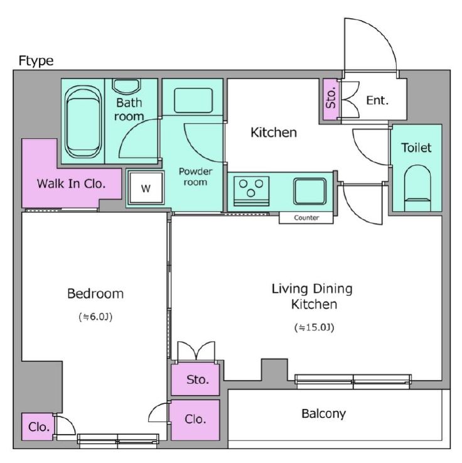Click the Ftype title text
click(x=36, y=61)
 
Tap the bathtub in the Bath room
click(x=83, y=122)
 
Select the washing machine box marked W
click(x=146, y=187)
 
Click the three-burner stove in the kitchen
click(x=251, y=191)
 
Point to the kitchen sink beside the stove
click(x=309, y=191)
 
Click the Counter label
click(x=306, y=218)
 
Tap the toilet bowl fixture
click(x=417, y=188)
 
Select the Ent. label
click(x=377, y=101)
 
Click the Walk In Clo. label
click(x=71, y=183)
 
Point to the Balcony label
click(x=323, y=414)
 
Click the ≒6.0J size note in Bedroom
click(x=95, y=317)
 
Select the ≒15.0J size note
click(x=314, y=327)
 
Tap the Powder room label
click(x=195, y=177)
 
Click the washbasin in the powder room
click(x=193, y=101)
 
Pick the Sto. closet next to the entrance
click(x=331, y=99)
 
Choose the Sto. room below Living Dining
click(x=195, y=379)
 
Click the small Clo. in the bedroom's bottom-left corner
click(x=38, y=427)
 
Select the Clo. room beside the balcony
click(x=195, y=420)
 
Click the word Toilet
click(x=416, y=148)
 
